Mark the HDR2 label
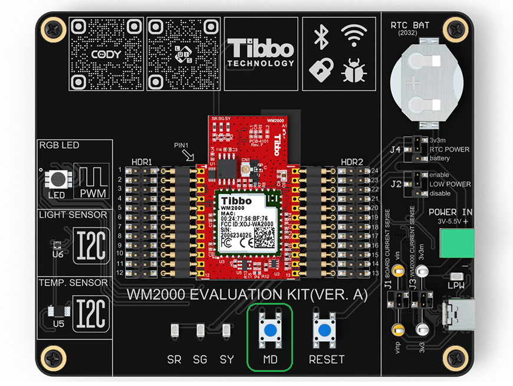pos(351,161)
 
